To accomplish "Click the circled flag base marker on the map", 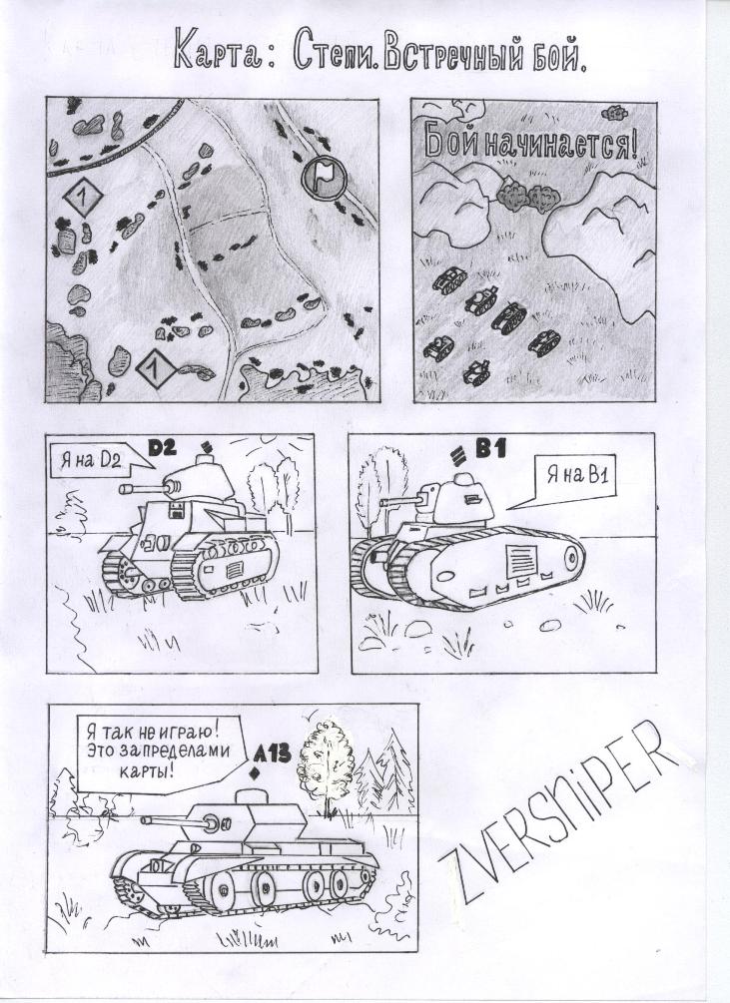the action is [x=324, y=176].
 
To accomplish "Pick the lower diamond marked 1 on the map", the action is [x=155, y=369].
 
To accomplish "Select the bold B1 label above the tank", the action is [x=490, y=450].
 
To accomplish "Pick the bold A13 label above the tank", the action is [x=272, y=754].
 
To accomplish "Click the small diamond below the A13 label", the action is [x=256, y=774].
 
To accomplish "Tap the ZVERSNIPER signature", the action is [x=558, y=813].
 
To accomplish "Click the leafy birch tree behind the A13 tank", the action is [x=329, y=762].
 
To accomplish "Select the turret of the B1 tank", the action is [x=455, y=501].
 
